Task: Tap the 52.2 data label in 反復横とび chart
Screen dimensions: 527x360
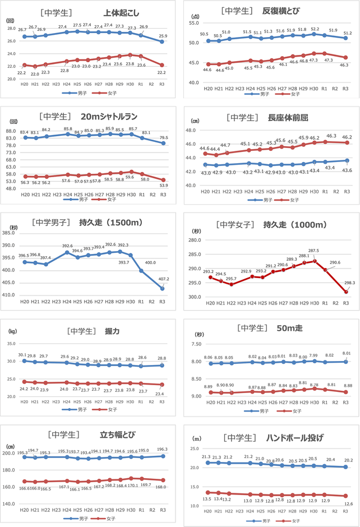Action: [x=315, y=29]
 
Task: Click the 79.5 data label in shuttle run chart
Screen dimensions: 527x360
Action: [x=163, y=137]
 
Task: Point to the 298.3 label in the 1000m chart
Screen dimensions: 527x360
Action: [x=349, y=283]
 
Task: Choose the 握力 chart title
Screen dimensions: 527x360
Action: [x=112, y=331]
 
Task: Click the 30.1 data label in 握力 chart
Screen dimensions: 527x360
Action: [x=22, y=355]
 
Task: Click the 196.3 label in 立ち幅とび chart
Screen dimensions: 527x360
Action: [x=163, y=449]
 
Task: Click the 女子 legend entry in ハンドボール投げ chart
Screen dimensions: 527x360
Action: [x=294, y=521]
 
